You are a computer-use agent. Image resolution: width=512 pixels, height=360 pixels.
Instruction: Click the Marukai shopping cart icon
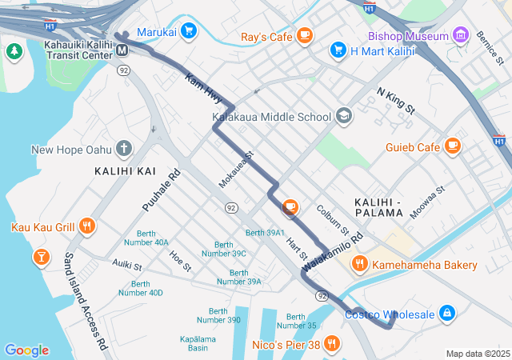point(188,31)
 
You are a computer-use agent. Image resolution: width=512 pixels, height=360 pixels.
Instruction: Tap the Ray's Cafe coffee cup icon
point(304,35)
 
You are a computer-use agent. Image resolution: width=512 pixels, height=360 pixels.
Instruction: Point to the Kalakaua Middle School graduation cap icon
point(343,116)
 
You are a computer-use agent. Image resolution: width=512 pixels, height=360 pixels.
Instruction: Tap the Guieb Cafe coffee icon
point(453,146)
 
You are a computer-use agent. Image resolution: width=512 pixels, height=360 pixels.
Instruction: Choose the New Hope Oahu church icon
point(123,148)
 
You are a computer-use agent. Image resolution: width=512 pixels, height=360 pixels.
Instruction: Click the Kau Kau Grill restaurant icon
point(87,226)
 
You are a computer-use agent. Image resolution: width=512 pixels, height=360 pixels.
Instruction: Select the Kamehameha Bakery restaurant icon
point(360,263)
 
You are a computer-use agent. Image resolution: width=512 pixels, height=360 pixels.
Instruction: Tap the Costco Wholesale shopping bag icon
point(446,313)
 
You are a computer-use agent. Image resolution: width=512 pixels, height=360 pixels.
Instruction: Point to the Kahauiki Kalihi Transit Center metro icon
point(122,50)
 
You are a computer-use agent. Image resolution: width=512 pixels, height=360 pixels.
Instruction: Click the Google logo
point(26,350)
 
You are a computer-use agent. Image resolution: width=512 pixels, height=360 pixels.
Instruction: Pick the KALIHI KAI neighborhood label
point(126,171)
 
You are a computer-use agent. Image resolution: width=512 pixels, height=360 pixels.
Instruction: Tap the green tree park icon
point(14,51)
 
